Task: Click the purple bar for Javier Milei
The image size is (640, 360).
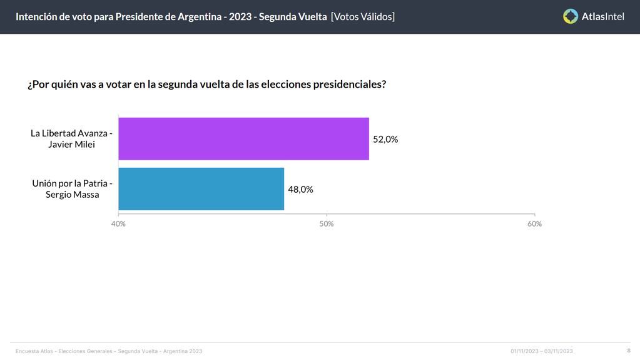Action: point(243,139)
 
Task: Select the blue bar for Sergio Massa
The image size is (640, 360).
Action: point(201,189)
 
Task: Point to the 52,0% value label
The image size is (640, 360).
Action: point(385,140)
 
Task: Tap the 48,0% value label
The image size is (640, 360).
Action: point(300,190)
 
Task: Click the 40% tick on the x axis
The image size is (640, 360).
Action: point(118,224)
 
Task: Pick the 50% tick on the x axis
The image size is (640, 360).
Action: point(327,224)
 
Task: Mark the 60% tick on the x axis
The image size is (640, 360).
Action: point(534,224)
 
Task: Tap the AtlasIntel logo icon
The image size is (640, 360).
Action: point(570,16)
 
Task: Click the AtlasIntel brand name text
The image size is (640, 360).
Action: point(602,17)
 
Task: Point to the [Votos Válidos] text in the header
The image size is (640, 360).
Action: point(363,17)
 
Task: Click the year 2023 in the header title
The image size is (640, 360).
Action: point(240,17)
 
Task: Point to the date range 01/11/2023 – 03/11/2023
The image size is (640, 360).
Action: point(541,351)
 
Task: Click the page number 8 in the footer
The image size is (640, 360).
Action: point(629,351)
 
